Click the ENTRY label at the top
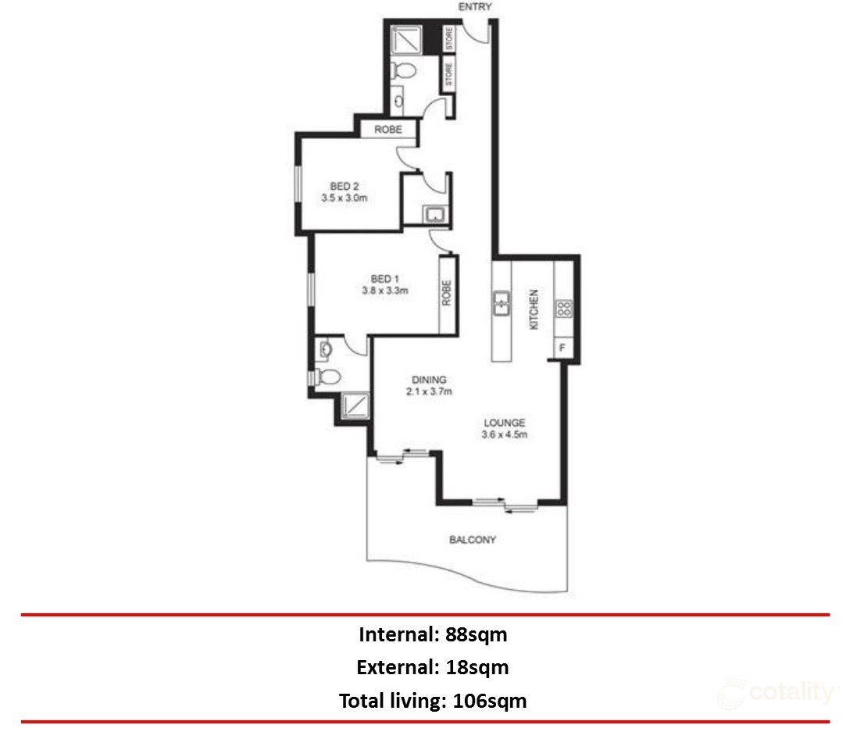(476, 7)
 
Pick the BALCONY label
(472, 540)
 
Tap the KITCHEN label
(535, 309)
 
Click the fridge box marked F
(562, 347)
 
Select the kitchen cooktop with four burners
(563, 308)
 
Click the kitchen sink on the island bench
(501, 303)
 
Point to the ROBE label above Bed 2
(387, 130)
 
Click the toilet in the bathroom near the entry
(404, 72)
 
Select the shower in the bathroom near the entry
(407, 38)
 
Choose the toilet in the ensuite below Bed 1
(330, 378)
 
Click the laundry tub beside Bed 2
(433, 215)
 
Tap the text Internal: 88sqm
(433, 634)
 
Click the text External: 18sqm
(433, 668)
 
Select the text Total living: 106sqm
(433, 701)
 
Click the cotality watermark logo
(778, 692)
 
